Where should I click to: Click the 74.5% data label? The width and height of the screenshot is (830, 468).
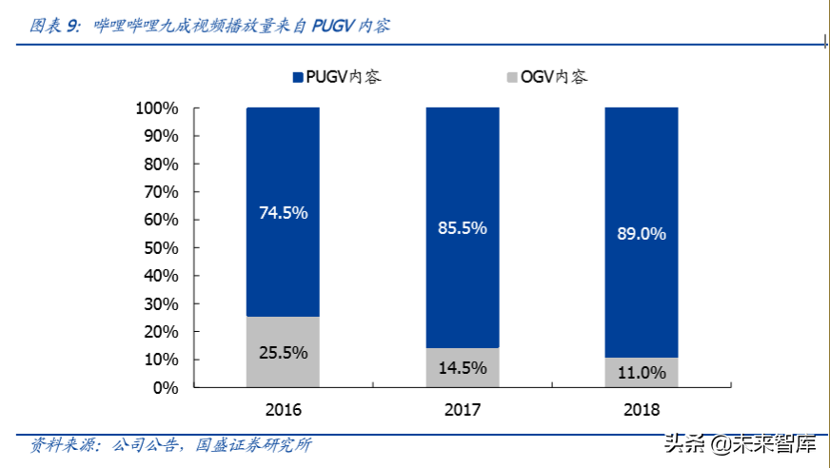283,213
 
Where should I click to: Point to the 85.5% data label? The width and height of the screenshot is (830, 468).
463,228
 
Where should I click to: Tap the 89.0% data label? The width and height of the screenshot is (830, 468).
642,233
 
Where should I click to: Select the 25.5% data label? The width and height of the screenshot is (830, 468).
283,353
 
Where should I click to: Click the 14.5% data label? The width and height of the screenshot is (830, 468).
463,367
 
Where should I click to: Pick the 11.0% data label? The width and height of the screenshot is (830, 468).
642,373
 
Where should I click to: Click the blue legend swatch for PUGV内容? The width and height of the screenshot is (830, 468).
297,77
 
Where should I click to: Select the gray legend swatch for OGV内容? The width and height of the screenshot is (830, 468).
513,77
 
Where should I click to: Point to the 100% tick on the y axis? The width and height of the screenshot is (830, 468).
157,108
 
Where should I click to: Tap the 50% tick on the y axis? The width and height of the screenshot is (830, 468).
161,248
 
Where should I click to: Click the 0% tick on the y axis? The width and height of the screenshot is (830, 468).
166,388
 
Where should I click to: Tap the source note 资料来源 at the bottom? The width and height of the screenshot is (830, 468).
171,445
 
